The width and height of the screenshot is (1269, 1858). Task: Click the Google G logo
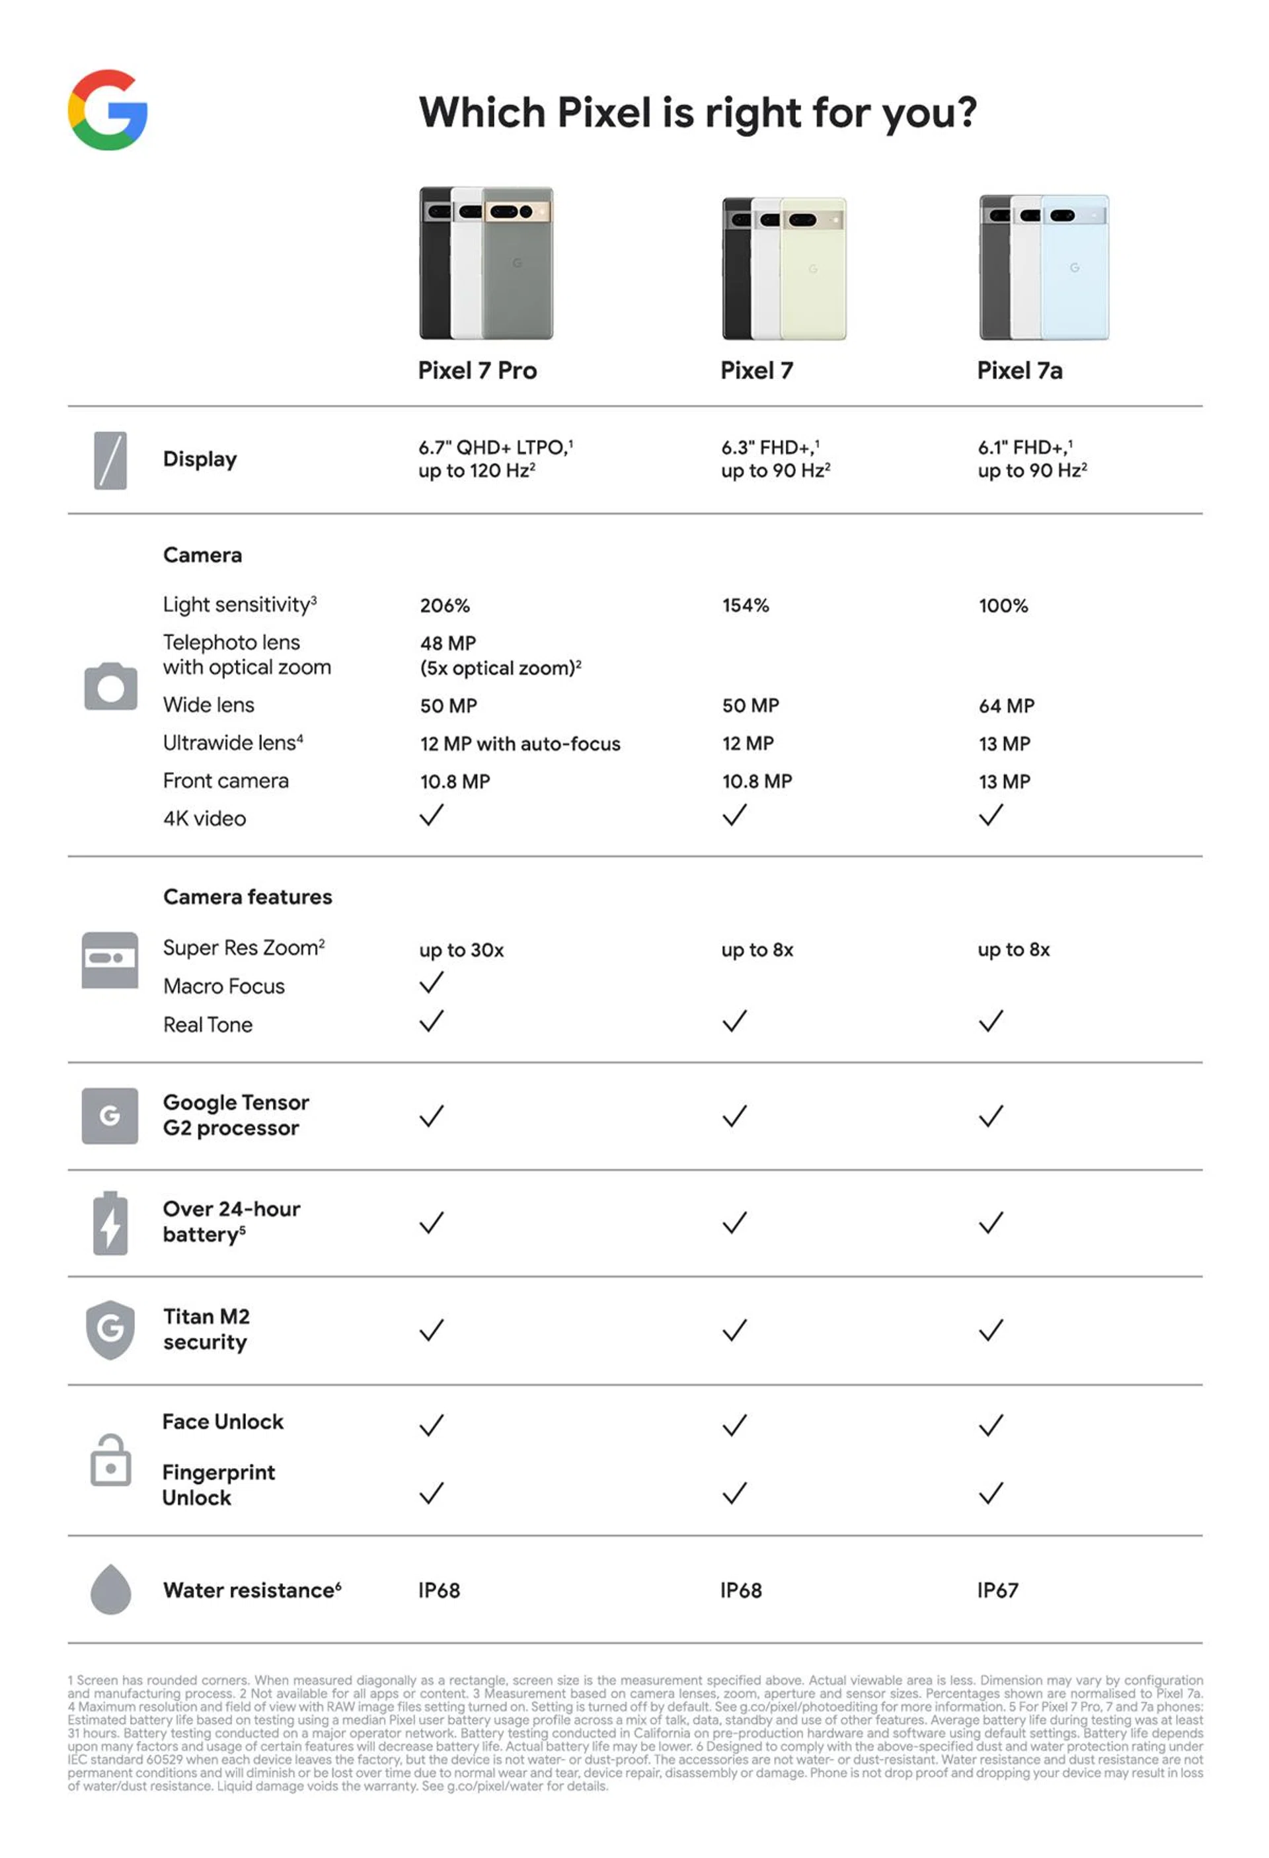pos(107,110)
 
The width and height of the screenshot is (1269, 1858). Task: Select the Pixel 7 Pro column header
pos(477,370)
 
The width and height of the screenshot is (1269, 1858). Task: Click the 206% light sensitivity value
pos(445,605)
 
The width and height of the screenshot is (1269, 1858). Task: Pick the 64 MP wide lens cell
pos(1006,705)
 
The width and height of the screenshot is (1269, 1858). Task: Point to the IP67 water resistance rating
pos(997,1590)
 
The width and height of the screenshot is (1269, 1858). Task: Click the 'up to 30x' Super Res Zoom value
pos(461,949)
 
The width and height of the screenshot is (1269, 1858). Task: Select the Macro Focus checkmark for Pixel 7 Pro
pos(431,983)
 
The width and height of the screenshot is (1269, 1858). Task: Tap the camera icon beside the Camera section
pos(110,686)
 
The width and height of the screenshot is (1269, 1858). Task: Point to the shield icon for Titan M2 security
pos(110,1329)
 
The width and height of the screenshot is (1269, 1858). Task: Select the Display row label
pos(200,459)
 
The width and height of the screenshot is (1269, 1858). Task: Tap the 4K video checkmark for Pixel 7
pos(734,816)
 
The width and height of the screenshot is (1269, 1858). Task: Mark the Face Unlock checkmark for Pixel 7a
pos(990,1424)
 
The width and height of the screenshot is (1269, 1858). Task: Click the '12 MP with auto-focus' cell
pos(519,744)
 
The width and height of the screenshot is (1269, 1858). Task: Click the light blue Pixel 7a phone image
pos(1075,268)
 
